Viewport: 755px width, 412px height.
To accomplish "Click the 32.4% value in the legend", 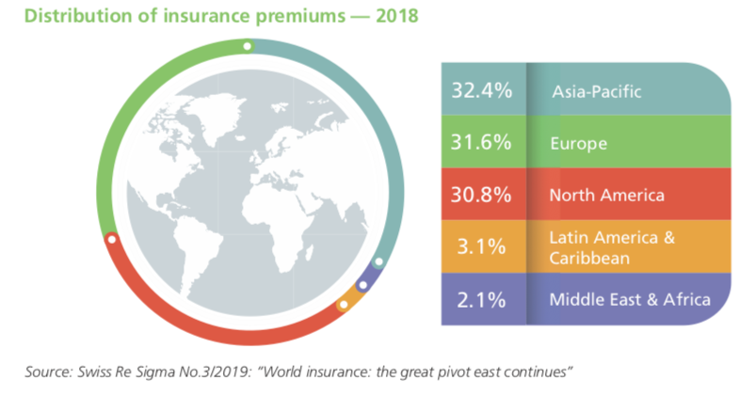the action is click(x=481, y=90).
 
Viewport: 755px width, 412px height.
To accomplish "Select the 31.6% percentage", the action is click(x=481, y=142).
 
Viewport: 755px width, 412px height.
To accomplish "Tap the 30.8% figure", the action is click(x=481, y=195).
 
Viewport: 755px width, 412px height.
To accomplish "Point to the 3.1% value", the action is click(x=481, y=246).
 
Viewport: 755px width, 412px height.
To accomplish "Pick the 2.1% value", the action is click(x=481, y=300).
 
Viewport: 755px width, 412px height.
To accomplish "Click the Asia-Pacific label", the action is click(x=597, y=91).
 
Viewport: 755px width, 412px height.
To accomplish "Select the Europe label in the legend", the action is click(x=578, y=143).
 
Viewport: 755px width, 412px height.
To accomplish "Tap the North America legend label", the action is click(x=606, y=196).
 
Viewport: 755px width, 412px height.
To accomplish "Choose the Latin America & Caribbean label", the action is click(x=612, y=248).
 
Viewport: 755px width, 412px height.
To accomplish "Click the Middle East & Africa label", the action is click(x=630, y=300).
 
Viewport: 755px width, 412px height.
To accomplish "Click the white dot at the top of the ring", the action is click(x=248, y=47).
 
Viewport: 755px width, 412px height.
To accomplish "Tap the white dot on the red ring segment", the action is click(x=112, y=239).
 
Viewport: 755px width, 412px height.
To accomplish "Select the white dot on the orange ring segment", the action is click(x=344, y=305).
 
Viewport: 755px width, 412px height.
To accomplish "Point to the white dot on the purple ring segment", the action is click(x=363, y=285).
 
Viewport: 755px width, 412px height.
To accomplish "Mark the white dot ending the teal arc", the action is click(x=379, y=262).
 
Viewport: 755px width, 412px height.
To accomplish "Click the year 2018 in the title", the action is click(x=396, y=16).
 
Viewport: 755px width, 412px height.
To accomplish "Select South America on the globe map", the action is click(x=195, y=260).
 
